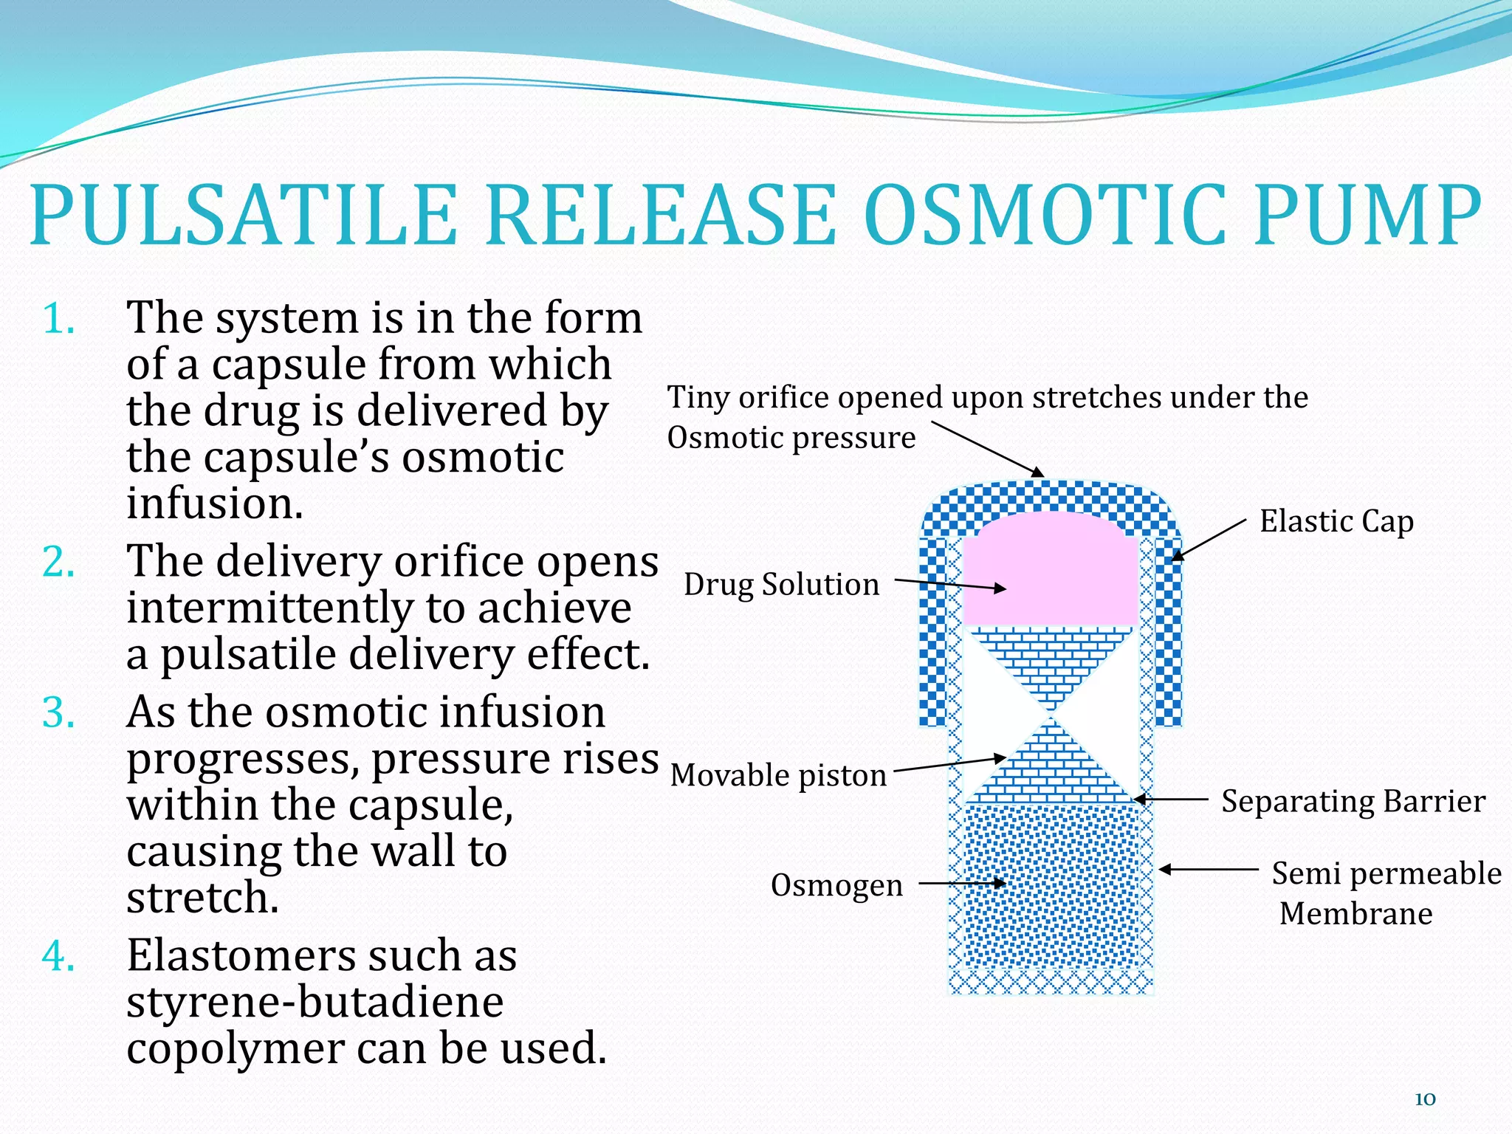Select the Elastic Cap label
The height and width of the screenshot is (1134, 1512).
click(1336, 521)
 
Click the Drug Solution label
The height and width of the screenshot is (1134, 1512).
click(781, 585)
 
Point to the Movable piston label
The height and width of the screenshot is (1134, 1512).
click(778, 776)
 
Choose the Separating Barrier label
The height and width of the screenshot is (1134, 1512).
click(1353, 802)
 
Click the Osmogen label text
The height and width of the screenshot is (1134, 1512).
click(836, 885)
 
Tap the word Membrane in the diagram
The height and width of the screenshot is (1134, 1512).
click(1355, 914)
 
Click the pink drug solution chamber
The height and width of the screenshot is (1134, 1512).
click(1050, 576)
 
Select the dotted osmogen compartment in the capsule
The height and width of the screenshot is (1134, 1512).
click(1050, 886)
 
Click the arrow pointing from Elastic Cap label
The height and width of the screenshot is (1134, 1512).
click(1209, 540)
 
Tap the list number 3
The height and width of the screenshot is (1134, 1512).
click(59, 713)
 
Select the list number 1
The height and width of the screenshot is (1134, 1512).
click(59, 320)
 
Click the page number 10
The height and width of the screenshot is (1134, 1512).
click(1425, 1099)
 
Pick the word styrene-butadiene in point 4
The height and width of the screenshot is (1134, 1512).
click(315, 1003)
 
